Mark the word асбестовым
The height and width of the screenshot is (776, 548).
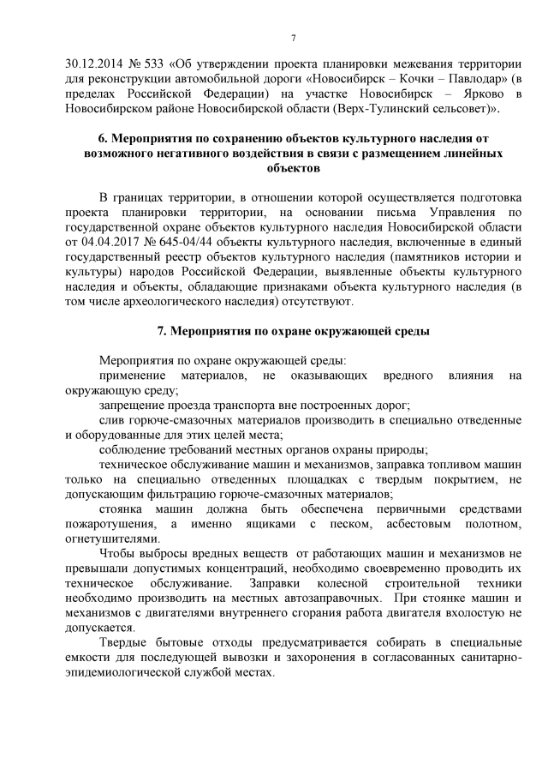tap(408, 523)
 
